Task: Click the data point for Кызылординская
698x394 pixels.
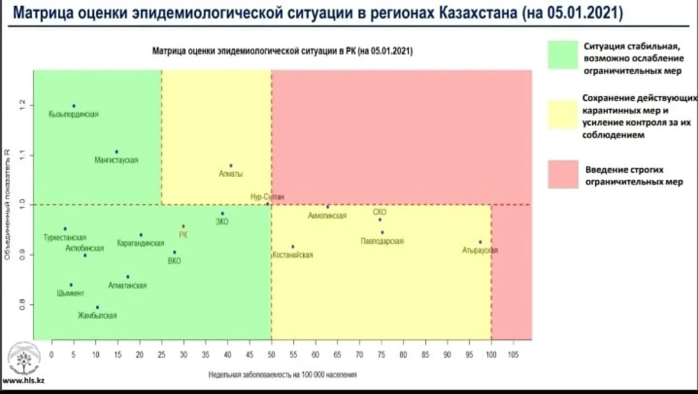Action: coord(74,106)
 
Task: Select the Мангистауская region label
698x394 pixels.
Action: coord(116,160)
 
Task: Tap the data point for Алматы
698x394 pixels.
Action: coord(231,166)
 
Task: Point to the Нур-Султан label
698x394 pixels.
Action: coord(268,197)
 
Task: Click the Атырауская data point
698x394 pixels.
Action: coord(480,242)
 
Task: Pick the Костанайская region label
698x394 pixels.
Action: coord(293,255)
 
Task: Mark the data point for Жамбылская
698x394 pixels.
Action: coord(97,307)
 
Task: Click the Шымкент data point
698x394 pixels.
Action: coord(71,285)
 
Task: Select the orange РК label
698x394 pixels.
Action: coord(183,235)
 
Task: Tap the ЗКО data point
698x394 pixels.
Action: coord(222,214)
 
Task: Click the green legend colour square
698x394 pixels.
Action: coord(562,54)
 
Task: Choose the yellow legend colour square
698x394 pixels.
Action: coord(562,114)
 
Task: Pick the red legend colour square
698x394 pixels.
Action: coord(562,175)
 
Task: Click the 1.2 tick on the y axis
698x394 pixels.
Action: coord(23,105)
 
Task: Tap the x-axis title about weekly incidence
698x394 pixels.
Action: coord(283,375)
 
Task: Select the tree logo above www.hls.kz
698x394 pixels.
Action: coord(23,360)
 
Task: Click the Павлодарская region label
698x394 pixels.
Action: coord(382,241)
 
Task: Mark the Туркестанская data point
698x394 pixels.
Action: coord(65,229)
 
